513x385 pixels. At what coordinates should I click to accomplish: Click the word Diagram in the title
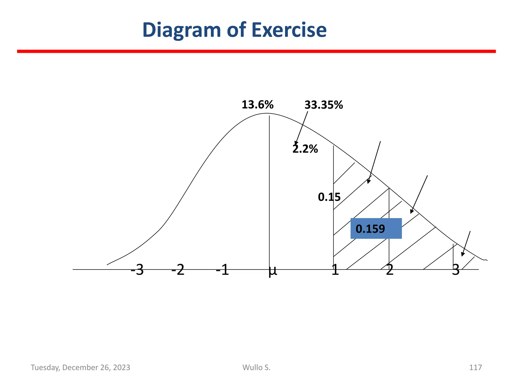pyautogui.click(x=182, y=30)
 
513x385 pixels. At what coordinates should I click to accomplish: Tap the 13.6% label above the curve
pyautogui.click(x=257, y=105)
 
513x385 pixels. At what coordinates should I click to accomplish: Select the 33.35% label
pyautogui.click(x=323, y=105)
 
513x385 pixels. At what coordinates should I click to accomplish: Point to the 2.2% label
pyautogui.click(x=305, y=149)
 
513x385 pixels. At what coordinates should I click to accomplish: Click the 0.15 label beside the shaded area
pyautogui.click(x=329, y=197)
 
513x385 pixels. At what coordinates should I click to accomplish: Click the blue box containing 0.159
pyautogui.click(x=376, y=228)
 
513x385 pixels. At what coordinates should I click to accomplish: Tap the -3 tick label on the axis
pyautogui.click(x=137, y=270)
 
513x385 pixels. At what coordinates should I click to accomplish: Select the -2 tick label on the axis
pyautogui.click(x=178, y=270)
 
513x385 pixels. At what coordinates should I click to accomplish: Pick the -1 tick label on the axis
pyautogui.click(x=222, y=270)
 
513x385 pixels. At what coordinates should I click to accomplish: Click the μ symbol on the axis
pyautogui.click(x=273, y=271)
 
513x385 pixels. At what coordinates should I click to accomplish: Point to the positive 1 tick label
pyautogui.click(x=335, y=270)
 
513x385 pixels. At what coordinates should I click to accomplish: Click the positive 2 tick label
pyautogui.click(x=390, y=270)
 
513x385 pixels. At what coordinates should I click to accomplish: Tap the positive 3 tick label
pyautogui.click(x=456, y=270)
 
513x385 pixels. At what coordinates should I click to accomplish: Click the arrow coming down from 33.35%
pyautogui.click(x=302, y=128)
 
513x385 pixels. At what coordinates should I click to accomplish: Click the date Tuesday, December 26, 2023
pyautogui.click(x=80, y=367)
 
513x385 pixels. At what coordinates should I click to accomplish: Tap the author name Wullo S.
pyautogui.click(x=256, y=367)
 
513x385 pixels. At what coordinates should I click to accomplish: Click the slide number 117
pyautogui.click(x=475, y=367)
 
